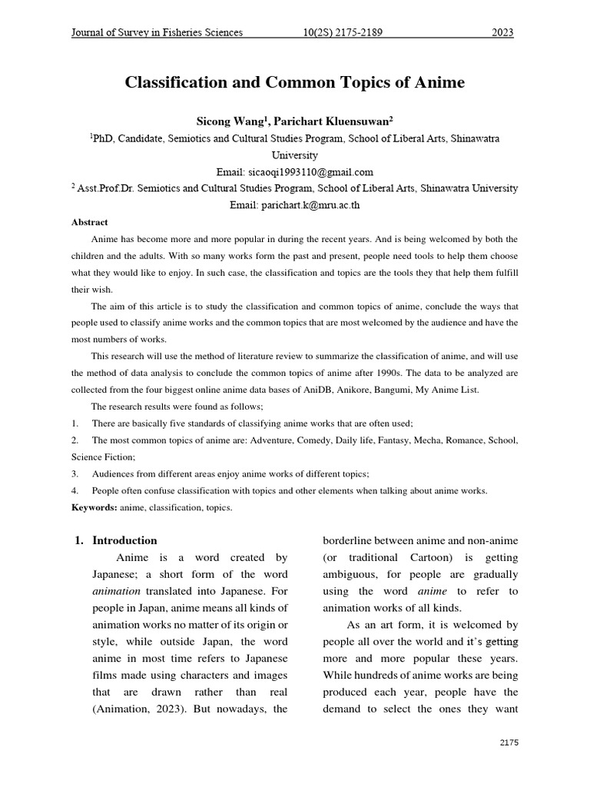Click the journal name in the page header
pos(157,32)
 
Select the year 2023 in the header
pos(502,32)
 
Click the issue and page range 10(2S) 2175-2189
pos(343,32)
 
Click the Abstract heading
pos(90,222)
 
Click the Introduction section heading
pos(124,540)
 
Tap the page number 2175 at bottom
pos(509,742)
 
